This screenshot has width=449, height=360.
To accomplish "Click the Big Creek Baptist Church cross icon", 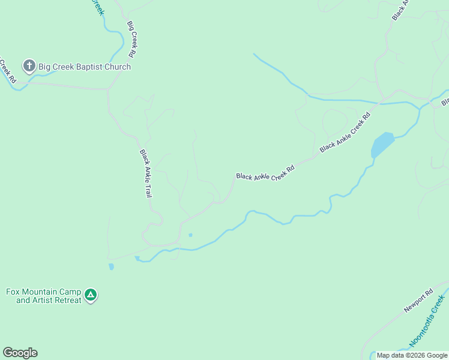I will pos(29,66).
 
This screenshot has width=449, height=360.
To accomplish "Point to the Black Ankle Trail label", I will pos(146,173).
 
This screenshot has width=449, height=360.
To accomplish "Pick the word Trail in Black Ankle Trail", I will pos(148,189).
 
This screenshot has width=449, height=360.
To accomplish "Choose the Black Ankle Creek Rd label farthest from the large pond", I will pos(265,173).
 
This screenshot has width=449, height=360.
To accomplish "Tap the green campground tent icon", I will pos(91,295).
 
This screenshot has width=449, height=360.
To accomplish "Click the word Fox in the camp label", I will pos(13,292).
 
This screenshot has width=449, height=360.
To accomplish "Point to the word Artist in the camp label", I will pos(43,300).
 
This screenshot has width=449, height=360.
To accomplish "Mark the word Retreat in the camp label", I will pos(68,300).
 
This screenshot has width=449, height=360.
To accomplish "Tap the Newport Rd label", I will pos(418,302).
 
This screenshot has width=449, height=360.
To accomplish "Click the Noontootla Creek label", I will pos(427,321).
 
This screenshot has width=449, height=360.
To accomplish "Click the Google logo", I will pos(20,353).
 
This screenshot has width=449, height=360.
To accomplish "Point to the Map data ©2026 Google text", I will pos(411,355).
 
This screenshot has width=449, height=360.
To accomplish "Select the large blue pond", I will pos(382,145).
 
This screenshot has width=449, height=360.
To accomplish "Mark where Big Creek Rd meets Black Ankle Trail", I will pos(109,90).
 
